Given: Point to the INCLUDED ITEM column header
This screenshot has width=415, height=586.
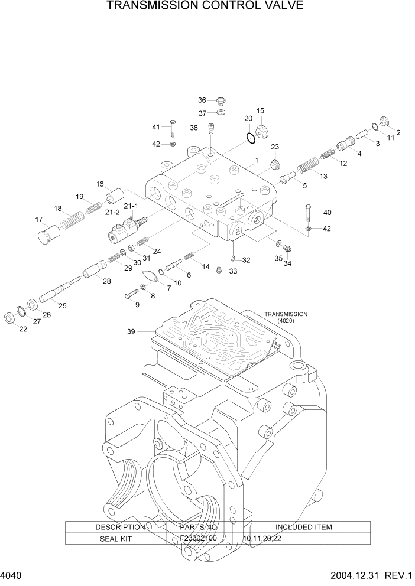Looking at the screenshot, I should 303,527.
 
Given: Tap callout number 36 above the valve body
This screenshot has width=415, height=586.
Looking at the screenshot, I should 202,100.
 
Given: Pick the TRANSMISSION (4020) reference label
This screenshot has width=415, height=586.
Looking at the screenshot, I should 286,317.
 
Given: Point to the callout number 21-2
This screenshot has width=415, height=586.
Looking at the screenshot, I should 112,211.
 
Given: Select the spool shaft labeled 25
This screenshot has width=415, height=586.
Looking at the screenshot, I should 59,289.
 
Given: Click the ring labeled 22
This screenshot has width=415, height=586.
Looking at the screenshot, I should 11,319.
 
